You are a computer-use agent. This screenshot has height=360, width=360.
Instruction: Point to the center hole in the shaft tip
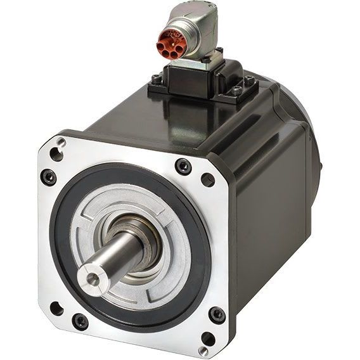coord(89,276)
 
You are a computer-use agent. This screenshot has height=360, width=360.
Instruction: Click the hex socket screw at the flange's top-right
coord(183,166)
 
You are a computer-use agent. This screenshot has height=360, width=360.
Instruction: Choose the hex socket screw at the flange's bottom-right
coord(217,314)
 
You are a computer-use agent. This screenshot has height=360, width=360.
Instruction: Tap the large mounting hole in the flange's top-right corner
coord(208,179)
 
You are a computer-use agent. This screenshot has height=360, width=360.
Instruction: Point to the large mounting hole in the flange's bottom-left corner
coord(56,309)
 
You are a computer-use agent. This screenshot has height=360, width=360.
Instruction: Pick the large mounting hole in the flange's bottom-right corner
coord(207,338)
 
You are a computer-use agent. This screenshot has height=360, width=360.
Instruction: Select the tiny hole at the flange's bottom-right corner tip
coord(202,349)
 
